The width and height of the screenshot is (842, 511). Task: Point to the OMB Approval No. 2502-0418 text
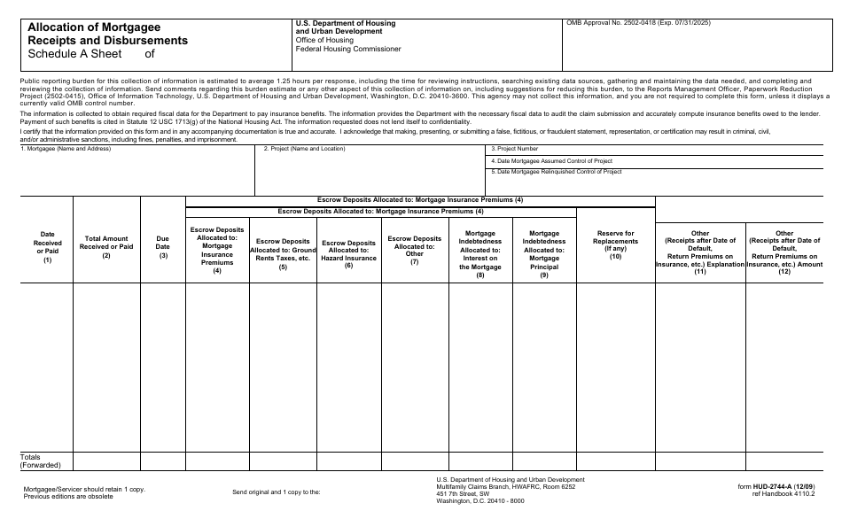(x=638, y=23)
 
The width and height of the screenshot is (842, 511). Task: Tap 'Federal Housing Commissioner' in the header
(x=348, y=49)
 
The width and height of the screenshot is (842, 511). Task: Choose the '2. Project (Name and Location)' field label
(x=304, y=149)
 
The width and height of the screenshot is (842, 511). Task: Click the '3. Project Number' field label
(x=514, y=149)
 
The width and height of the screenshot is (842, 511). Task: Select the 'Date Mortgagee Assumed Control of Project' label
(x=551, y=160)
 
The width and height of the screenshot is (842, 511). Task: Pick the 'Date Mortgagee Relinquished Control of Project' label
(x=556, y=172)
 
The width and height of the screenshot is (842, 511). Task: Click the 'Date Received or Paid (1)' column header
(x=48, y=247)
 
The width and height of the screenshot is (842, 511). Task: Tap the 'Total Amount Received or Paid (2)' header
(x=106, y=247)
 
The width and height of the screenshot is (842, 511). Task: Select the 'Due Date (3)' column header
(x=163, y=247)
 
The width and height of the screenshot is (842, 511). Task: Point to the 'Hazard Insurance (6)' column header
(x=348, y=253)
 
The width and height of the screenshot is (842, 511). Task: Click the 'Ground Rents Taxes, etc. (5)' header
(x=283, y=253)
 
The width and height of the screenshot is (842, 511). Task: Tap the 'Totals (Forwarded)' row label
(x=40, y=461)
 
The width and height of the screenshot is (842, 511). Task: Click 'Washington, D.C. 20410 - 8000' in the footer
(x=480, y=500)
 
